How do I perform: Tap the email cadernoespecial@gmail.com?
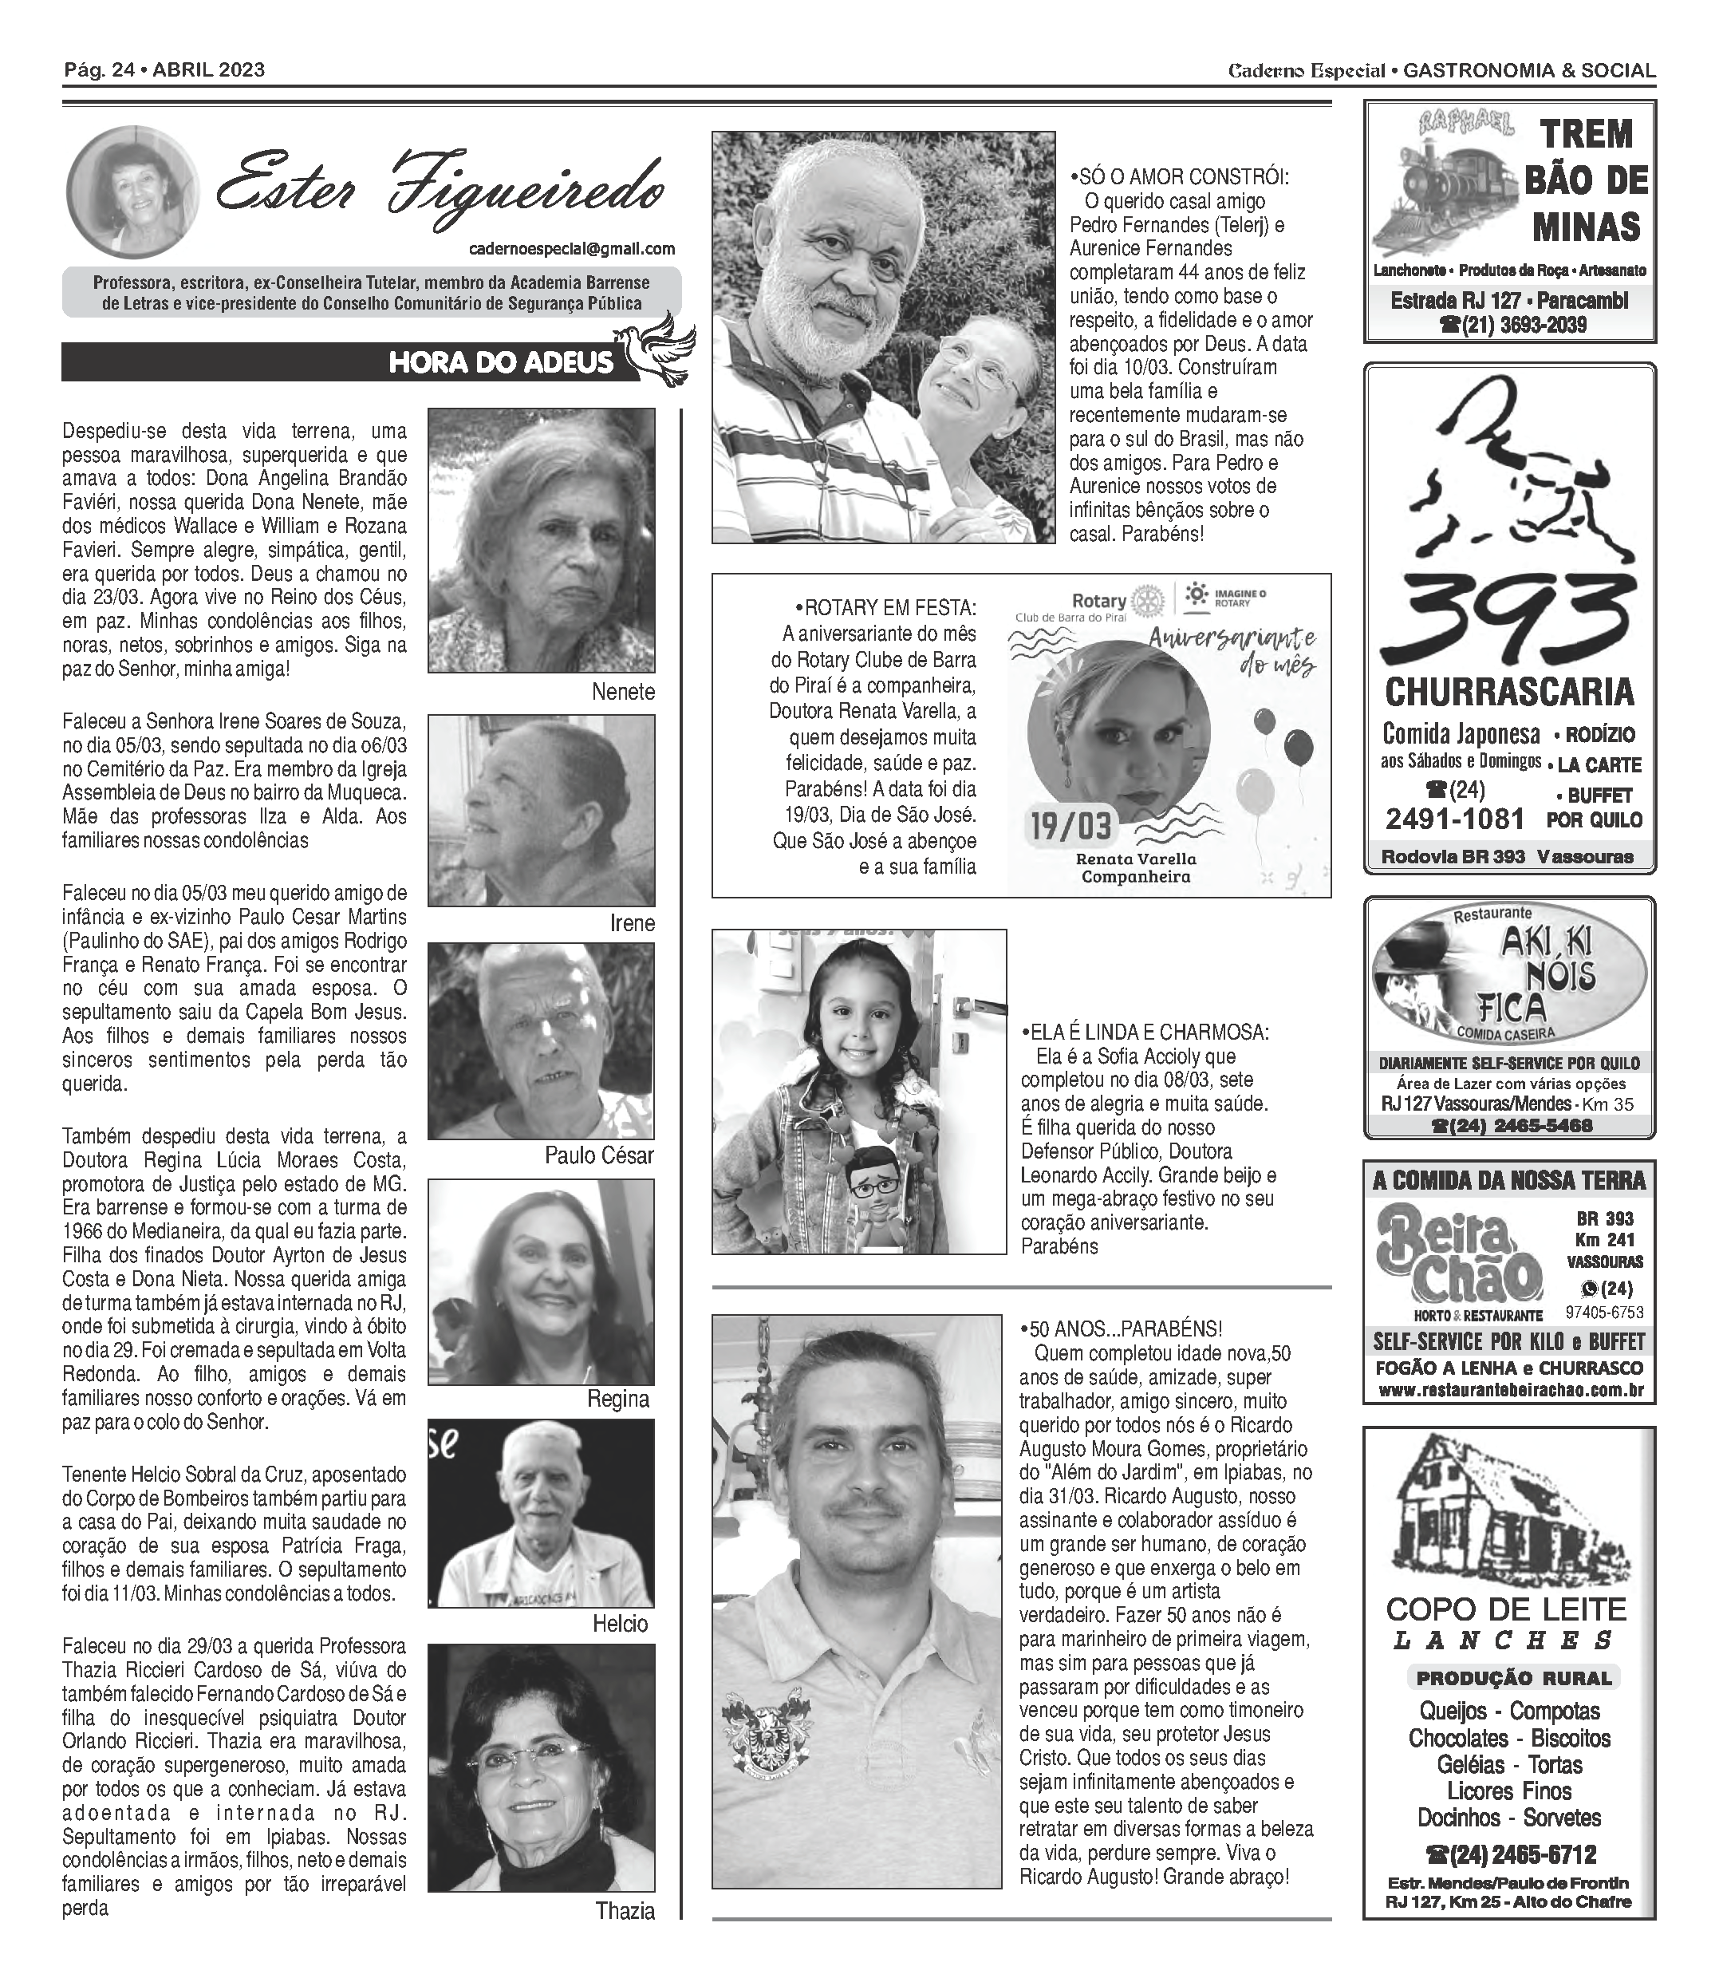coord(572,248)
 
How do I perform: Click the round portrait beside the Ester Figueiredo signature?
coord(132,191)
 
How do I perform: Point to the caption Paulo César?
coord(598,1155)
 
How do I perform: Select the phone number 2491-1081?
coord(1454,819)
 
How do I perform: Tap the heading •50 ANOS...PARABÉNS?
coord(1121,1329)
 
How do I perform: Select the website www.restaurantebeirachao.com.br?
coord(1510,1390)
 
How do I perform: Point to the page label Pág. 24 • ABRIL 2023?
coord(164,70)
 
